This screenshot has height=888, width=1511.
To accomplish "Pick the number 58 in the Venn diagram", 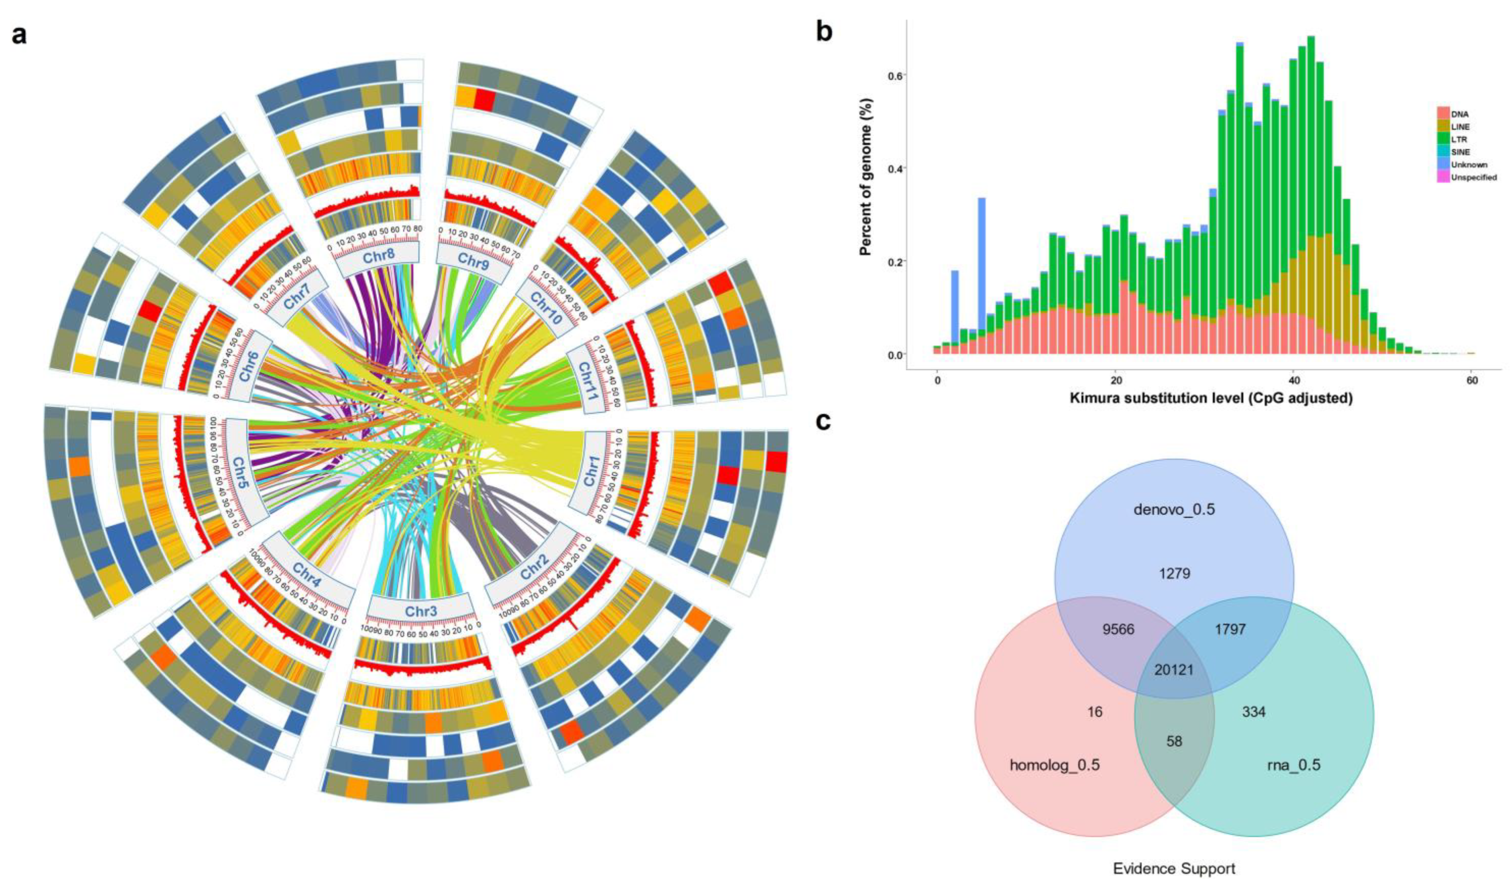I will pos(1174,741).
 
